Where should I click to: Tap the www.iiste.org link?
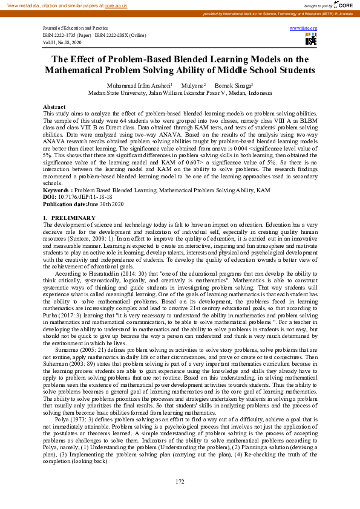pyautogui.click(x=304, y=28)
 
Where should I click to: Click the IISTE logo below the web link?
pyautogui.click(x=311, y=39)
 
